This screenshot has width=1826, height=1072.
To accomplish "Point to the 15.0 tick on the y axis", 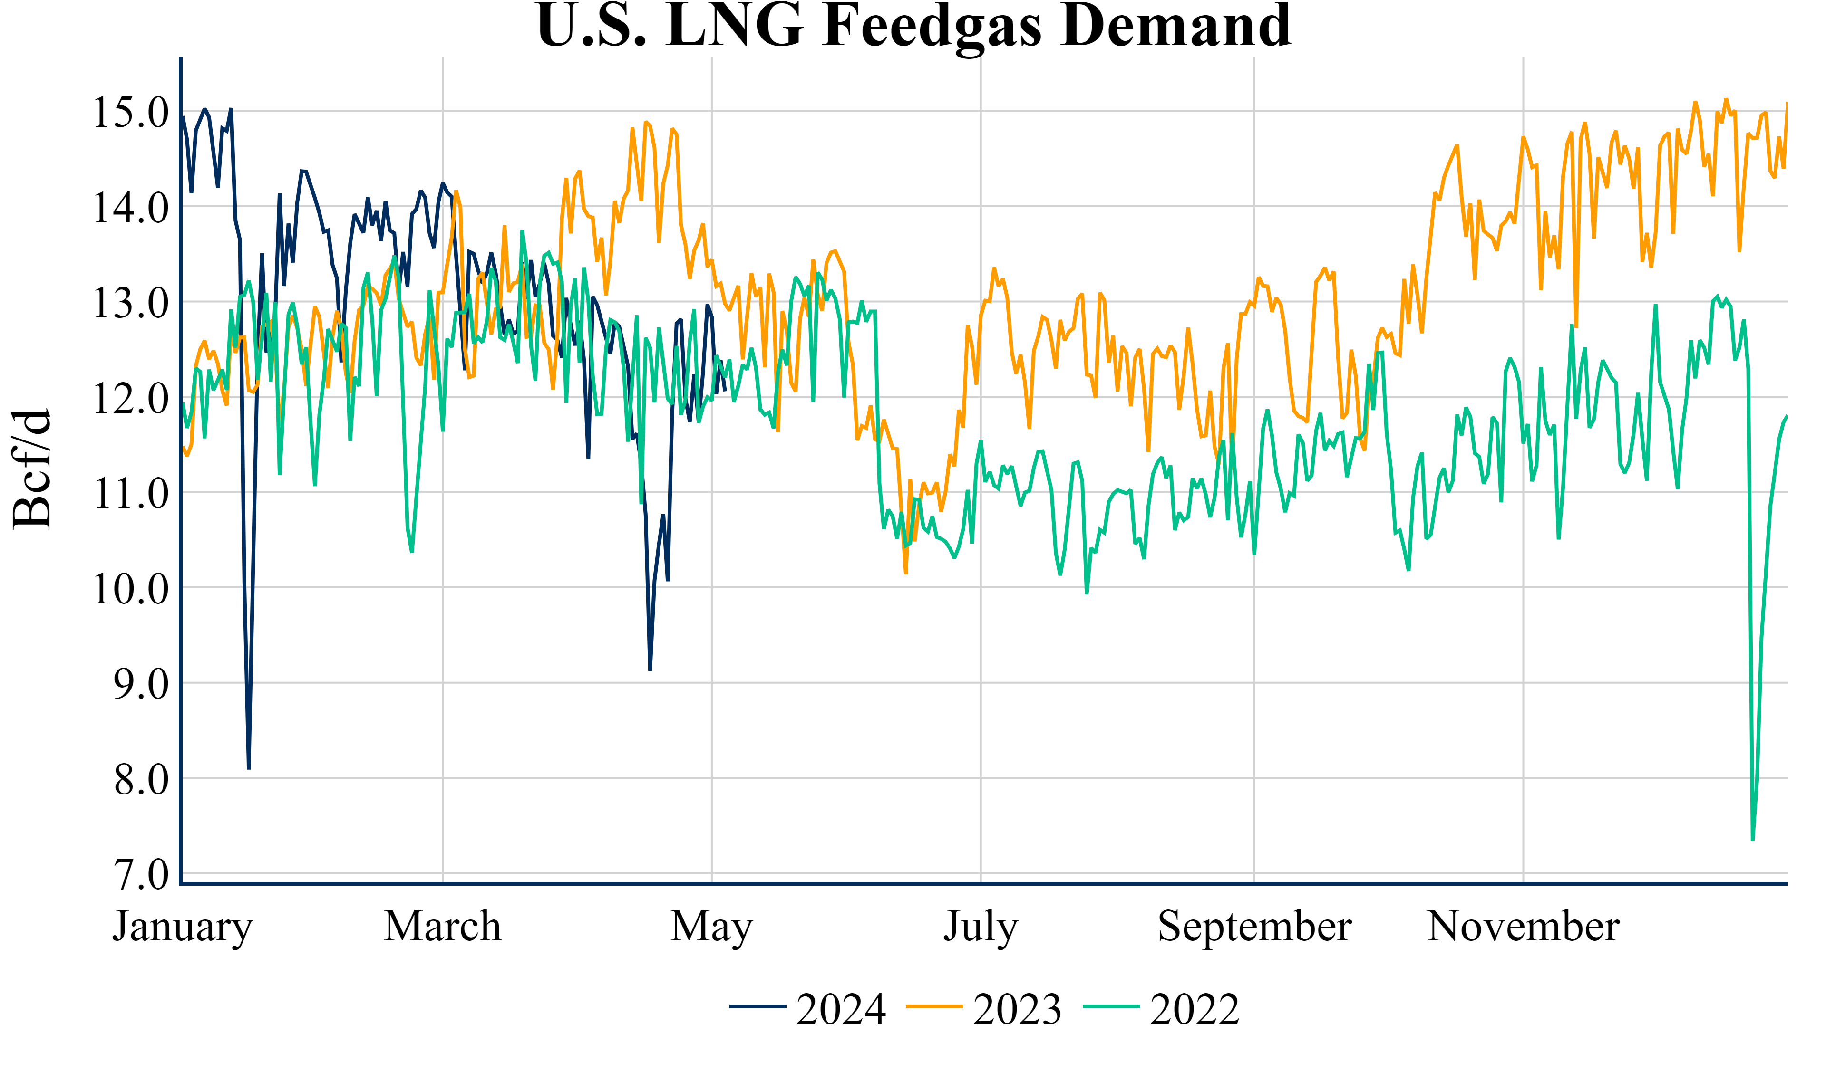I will tap(130, 112).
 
